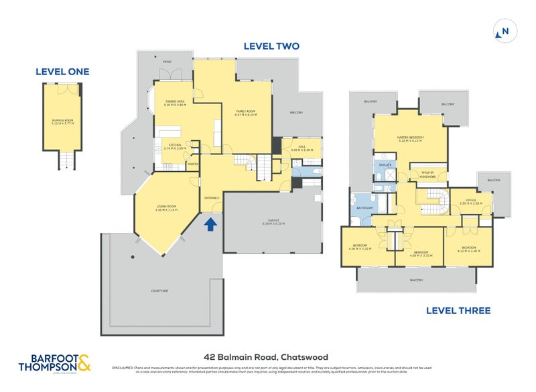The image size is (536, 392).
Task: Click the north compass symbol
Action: pyautogui.click(x=505, y=31)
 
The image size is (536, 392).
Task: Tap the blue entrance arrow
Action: pyautogui.click(x=211, y=224)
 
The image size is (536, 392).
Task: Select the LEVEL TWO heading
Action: pyautogui.click(x=271, y=46)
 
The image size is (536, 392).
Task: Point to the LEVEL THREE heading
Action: pyautogui.click(x=458, y=311)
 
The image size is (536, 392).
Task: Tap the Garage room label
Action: pyautogui.click(x=271, y=222)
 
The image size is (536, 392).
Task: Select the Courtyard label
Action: pyautogui.click(x=159, y=291)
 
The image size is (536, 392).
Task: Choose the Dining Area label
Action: pyautogui.click(x=175, y=103)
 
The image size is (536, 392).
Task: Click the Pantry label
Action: pyautogui.click(x=192, y=162)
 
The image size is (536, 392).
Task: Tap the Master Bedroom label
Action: pyautogui.click(x=410, y=139)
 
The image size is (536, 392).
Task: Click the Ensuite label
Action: pyautogui.click(x=385, y=164)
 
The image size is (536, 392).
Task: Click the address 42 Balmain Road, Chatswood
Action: pyautogui.click(x=266, y=357)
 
